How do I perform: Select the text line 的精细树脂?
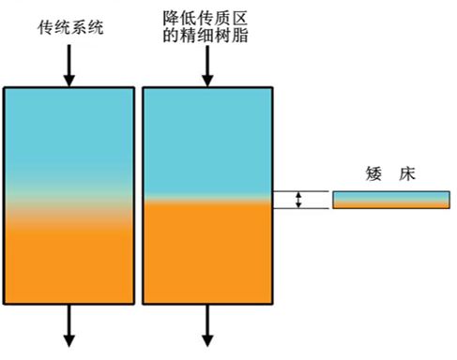coord(206,37)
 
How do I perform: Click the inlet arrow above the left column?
coord(69,66)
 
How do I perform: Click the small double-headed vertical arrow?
coord(298,200)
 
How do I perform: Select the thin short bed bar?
coord(388,200)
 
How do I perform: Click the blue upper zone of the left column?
coord(69,131)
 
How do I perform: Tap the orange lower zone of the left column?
coord(69,267)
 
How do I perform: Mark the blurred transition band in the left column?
coord(69,208)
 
